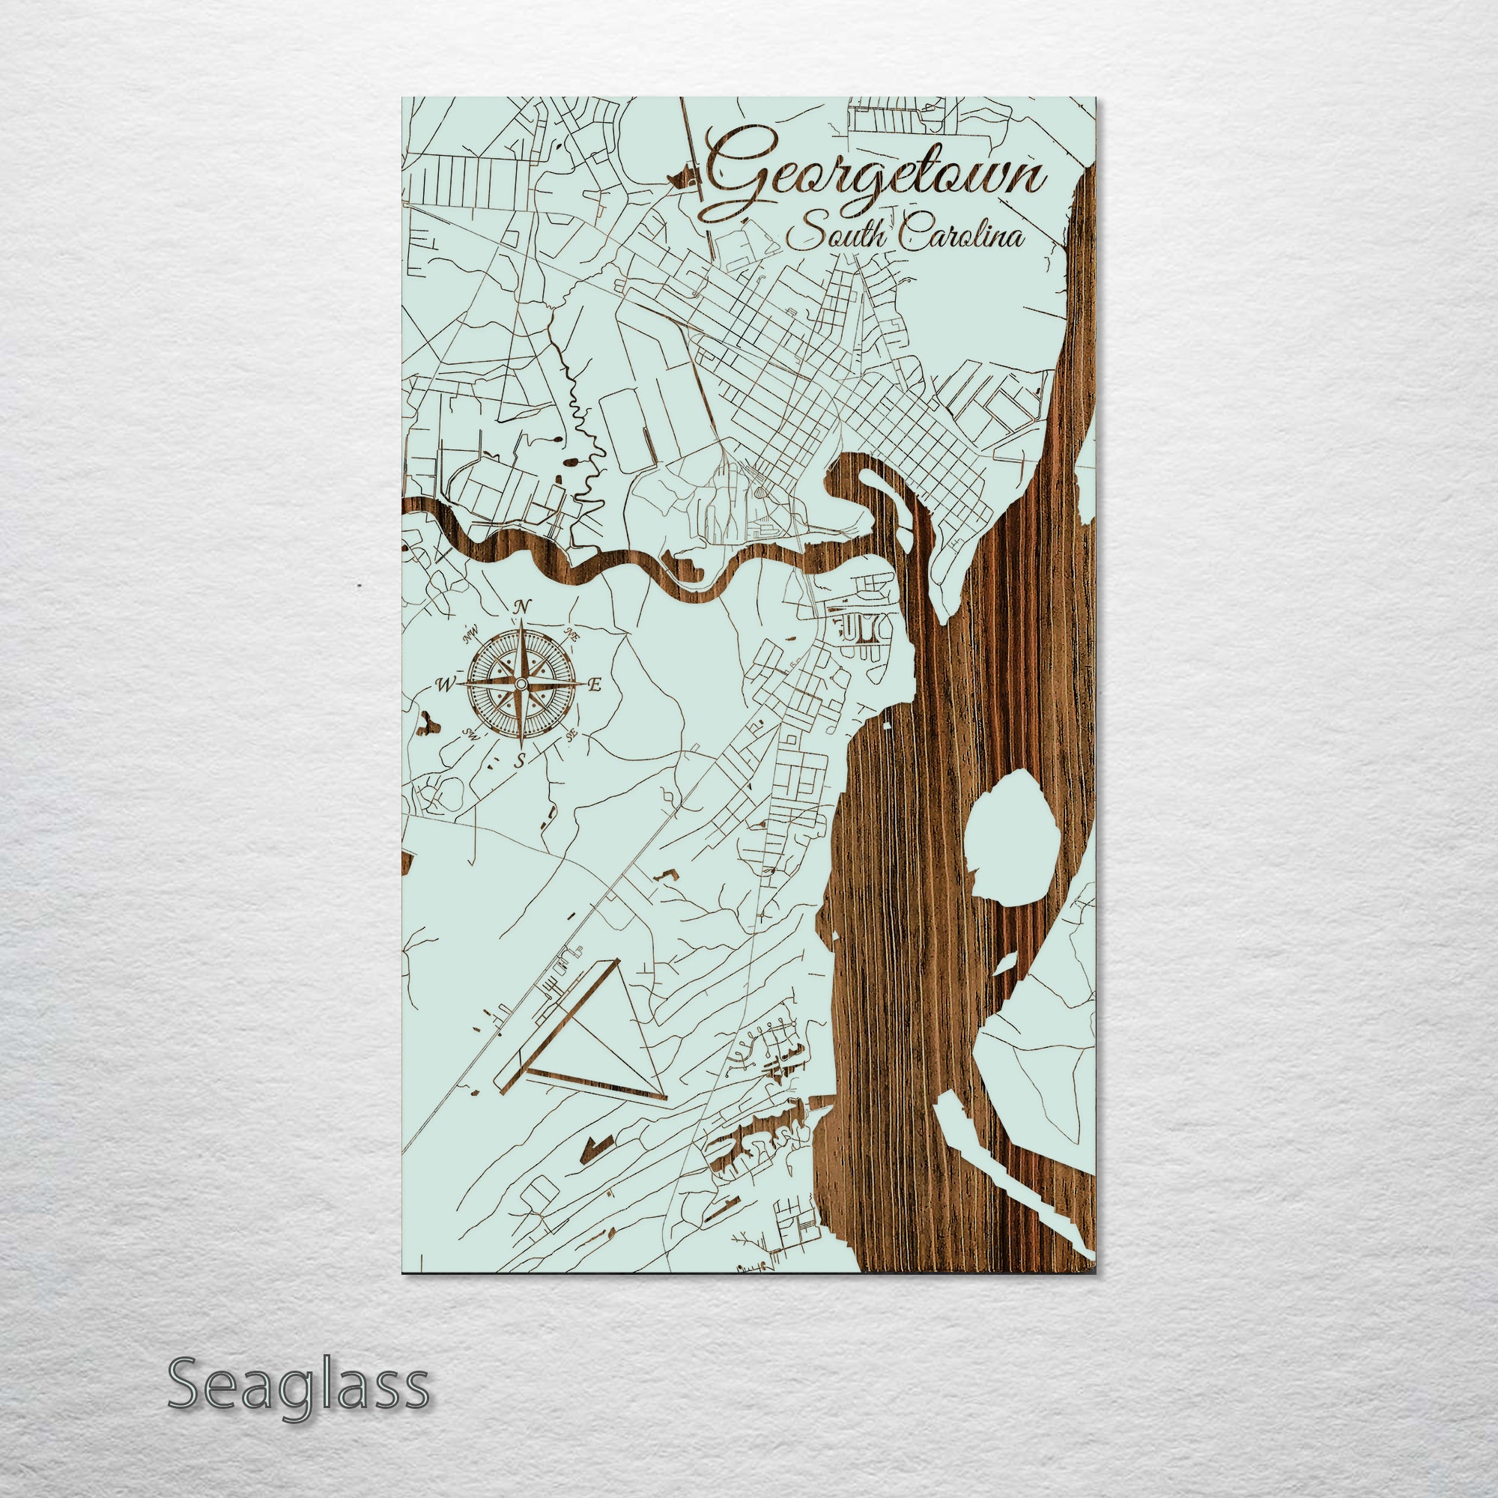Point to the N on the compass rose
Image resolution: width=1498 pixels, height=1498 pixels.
[x=524, y=605]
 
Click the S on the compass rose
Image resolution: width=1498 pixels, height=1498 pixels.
[x=521, y=761]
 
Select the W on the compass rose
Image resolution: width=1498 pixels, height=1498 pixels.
[x=445, y=685]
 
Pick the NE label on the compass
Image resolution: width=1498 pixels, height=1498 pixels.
[x=573, y=634]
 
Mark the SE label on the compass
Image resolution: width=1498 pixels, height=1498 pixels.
[x=572, y=736]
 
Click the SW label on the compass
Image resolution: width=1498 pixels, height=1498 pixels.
[x=469, y=733]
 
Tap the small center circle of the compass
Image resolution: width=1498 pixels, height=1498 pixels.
[x=521, y=683]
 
